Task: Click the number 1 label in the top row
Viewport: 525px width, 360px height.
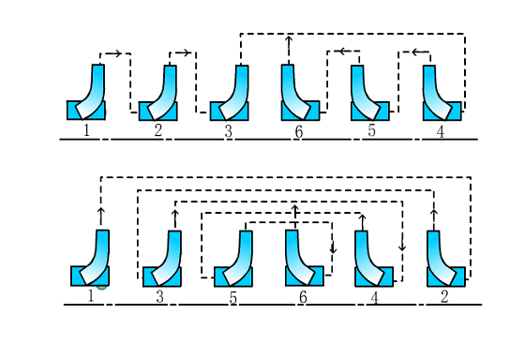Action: coord(86,130)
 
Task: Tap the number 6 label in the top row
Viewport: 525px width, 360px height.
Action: coord(299,131)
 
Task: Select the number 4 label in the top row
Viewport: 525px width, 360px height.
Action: coord(441,131)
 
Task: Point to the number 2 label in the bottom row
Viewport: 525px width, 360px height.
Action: coord(444,296)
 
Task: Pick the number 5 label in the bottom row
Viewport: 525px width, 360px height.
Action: coord(233,298)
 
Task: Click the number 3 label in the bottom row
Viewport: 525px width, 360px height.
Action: coord(160,296)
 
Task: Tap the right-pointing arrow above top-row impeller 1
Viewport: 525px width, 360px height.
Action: coord(113,53)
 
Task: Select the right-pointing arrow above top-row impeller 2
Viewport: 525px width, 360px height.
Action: coord(184,52)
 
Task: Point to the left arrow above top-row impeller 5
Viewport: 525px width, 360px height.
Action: coord(346,52)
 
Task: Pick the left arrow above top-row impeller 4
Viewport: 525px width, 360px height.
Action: coord(420,52)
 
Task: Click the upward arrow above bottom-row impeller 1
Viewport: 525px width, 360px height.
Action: coord(101,216)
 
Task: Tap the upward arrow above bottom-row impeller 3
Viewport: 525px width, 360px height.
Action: coord(174,219)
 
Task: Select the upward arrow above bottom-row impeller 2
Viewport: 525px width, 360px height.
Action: coord(433,219)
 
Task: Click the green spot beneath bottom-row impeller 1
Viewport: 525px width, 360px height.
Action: coord(101,287)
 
